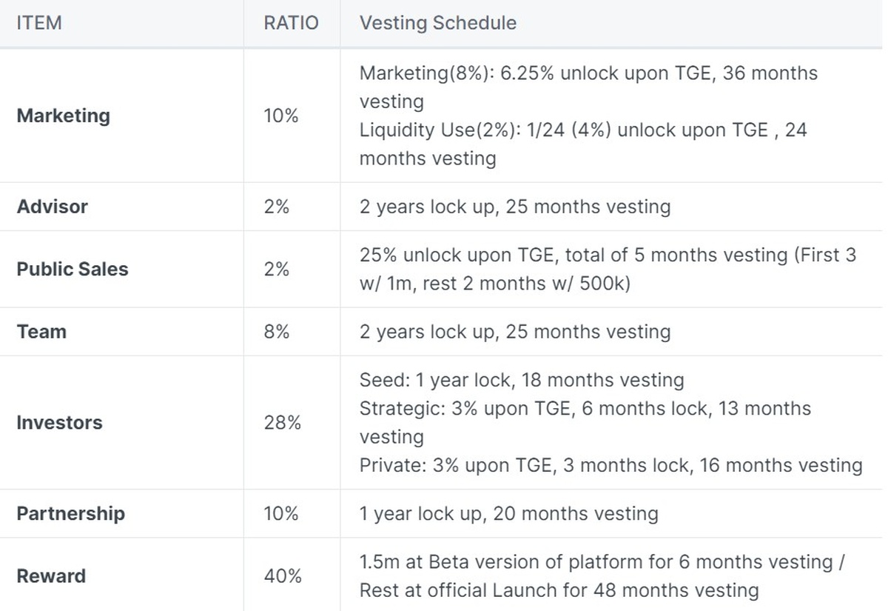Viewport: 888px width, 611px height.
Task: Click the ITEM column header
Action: [38, 23]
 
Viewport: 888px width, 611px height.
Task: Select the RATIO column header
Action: [291, 23]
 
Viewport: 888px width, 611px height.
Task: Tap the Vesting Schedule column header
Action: [437, 23]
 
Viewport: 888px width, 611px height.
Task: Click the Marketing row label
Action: [63, 116]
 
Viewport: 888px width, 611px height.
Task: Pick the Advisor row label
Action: [52, 206]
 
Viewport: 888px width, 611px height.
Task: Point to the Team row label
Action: [41, 331]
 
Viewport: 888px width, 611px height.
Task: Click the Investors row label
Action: [59, 422]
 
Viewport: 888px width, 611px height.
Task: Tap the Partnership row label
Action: [71, 513]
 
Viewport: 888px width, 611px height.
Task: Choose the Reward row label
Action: [51, 575]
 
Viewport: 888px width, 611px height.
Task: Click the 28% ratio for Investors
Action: [282, 422]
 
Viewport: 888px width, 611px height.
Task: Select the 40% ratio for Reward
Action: [282, 575]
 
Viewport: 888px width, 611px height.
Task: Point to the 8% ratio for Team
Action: [276, 331]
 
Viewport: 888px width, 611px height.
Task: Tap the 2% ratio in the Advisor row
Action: [276, 206]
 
